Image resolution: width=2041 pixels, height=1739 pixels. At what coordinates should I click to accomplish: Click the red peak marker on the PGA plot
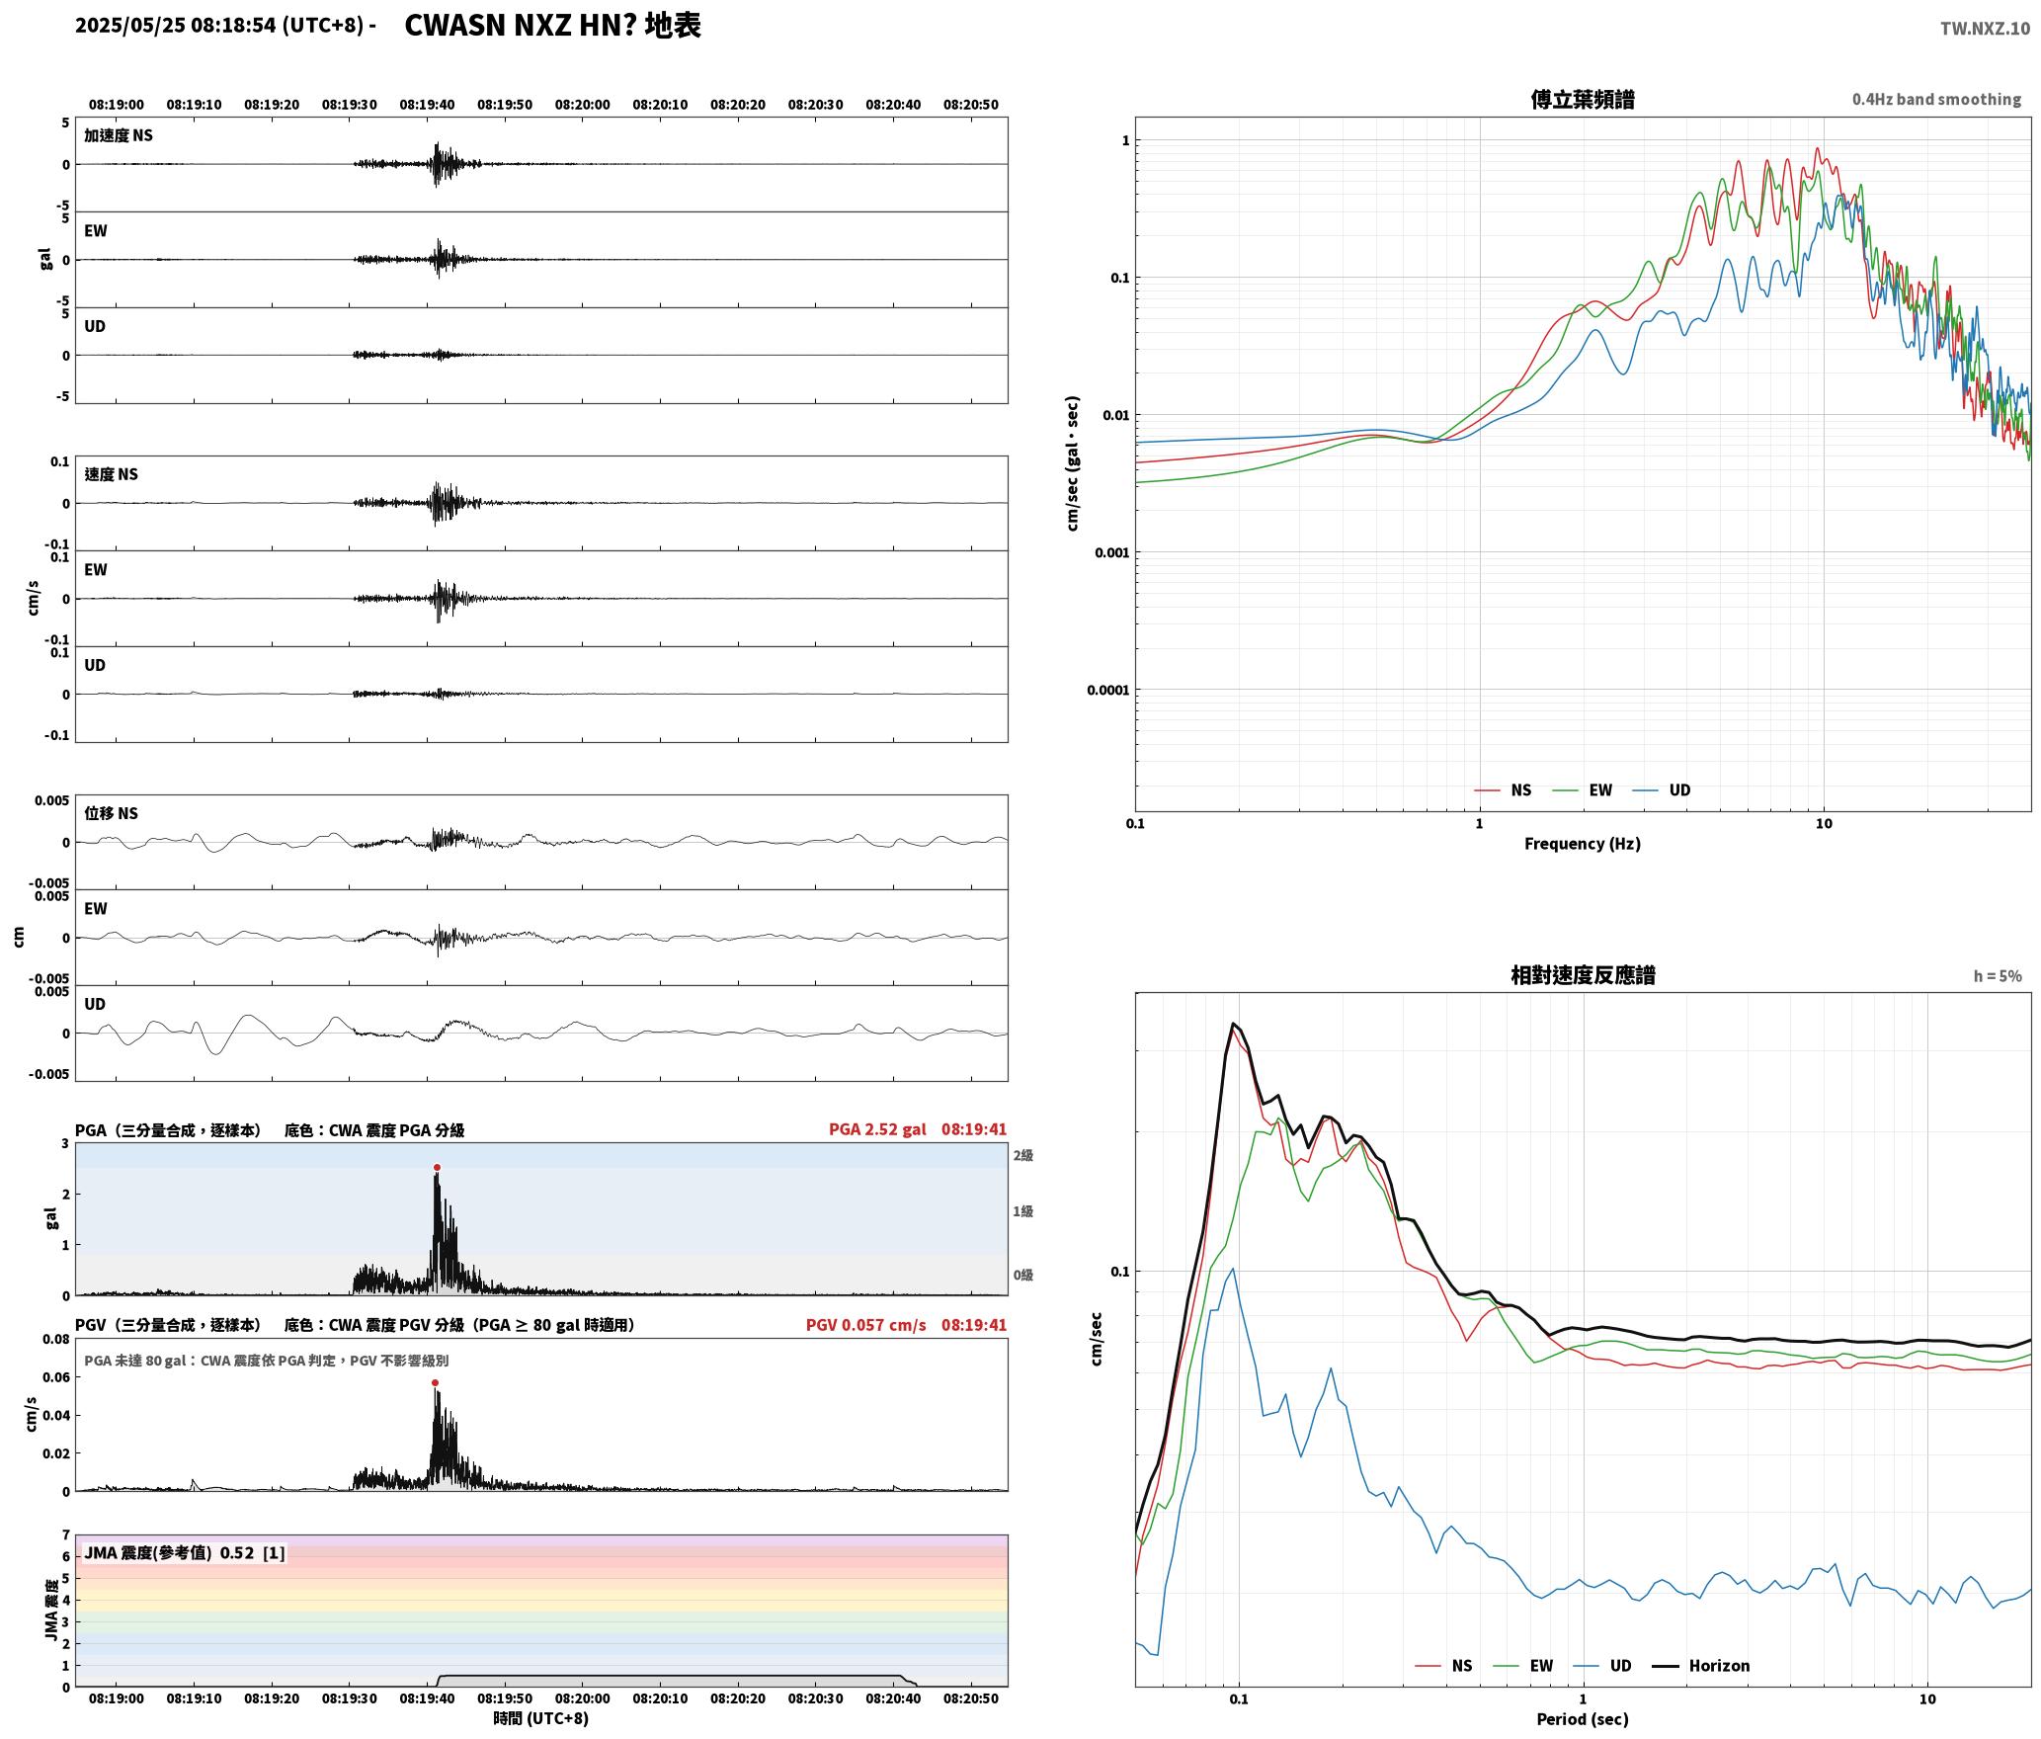[x=437, y=1167]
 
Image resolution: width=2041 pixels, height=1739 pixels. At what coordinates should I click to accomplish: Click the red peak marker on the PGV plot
[x=435, y=1382]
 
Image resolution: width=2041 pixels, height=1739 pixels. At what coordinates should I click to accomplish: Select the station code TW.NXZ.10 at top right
[x=1985, y=28]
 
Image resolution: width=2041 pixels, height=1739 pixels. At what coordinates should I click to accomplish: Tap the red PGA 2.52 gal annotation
[x=877, y=1128]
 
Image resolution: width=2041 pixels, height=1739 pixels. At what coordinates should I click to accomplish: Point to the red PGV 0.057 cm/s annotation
[x=865, y=1324]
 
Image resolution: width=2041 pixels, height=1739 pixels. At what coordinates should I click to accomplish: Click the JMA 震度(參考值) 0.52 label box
[x=185, y=1552]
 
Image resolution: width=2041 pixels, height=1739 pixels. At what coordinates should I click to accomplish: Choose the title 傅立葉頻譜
[x=1582, y=99]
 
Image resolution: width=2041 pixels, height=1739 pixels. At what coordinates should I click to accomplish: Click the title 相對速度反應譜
[x=1583, y=974]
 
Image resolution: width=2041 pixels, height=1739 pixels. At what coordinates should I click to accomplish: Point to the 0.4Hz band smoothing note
[x=1936, y=99]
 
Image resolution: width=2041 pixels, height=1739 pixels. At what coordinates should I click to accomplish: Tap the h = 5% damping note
[x=1998, y=975]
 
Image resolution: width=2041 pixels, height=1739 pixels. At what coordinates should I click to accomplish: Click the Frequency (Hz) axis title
[x=1582, y=843]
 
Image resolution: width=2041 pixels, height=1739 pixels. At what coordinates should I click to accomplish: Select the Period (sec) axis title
[x=1582, y=1718]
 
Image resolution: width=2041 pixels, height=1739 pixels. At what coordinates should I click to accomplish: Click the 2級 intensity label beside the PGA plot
[x=1022, y=1154]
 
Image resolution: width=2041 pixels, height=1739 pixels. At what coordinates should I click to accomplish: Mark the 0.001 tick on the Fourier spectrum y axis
[x=1110, y=552]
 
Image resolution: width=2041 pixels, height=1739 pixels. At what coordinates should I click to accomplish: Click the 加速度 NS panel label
[x=119, y=135]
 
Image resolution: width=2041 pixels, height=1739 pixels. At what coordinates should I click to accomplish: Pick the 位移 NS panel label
[x=112, y=813]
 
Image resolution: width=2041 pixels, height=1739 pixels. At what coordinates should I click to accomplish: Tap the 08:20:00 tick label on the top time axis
[x=582, y=104]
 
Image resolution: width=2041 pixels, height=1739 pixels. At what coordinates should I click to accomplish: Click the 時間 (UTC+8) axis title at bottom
[x=541, y=1718]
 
